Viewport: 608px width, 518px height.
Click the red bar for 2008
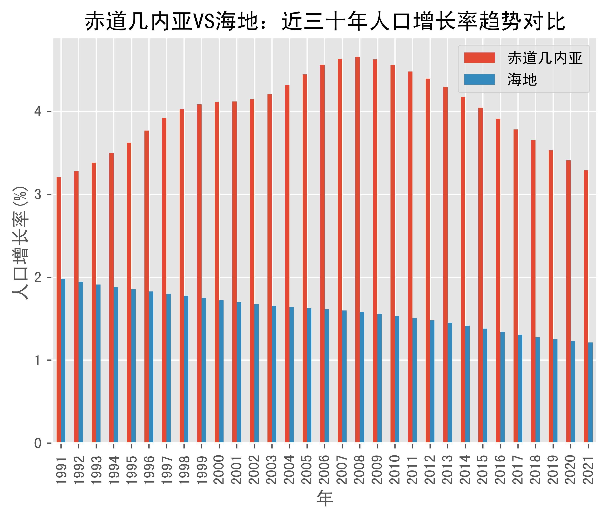tap(357, 249)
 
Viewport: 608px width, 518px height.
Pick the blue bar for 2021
tap(590, 393)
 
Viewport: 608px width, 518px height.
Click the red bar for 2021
tap(586, 306)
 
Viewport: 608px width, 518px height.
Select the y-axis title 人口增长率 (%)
tap(21, 243)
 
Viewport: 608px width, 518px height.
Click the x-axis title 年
tap(325, 498)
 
